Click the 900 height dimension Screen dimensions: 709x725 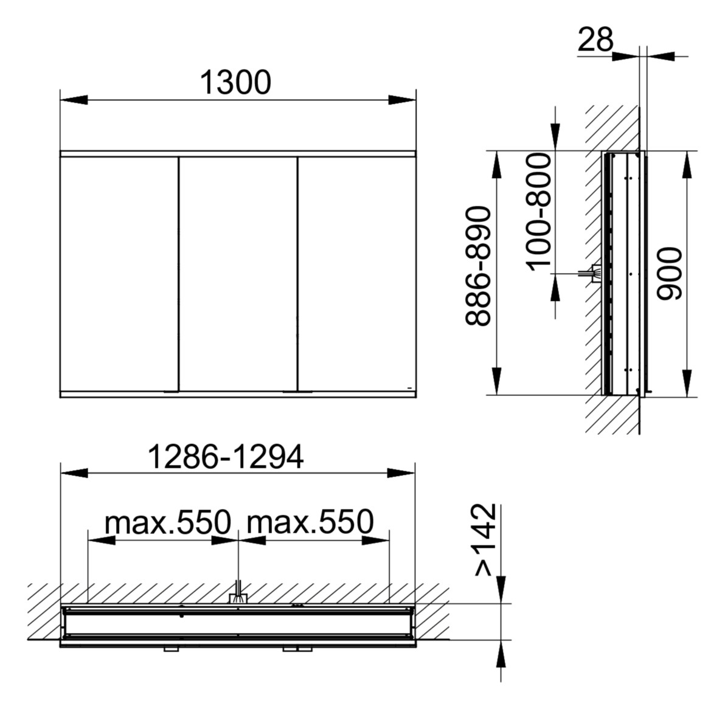(671, 273)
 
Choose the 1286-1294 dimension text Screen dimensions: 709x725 (226, 457)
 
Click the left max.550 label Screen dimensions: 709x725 (168, 522)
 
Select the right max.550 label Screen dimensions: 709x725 (310, 522)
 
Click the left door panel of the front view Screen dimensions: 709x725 (119, 274)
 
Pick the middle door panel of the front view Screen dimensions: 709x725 (238, 274)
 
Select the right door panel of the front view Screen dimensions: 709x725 (356, 274)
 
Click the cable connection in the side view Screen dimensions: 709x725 (592, 274)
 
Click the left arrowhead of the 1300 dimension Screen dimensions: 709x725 (72, 100)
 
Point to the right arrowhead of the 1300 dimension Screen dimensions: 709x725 (402, 100)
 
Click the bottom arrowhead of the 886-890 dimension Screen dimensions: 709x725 (496, 382)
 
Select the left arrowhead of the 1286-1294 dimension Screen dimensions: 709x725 (72, 474)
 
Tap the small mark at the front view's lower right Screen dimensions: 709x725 (410, 387)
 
